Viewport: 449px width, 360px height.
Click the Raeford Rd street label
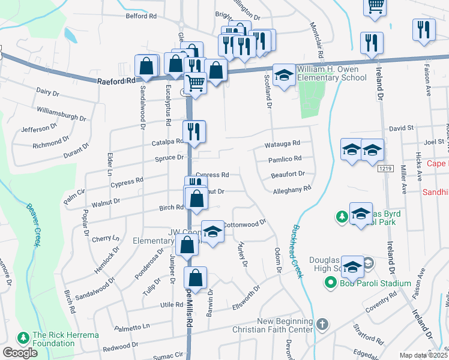point(118,80)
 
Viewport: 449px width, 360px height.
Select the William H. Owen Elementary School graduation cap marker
point(283,76)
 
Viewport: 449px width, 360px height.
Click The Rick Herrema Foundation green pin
point(23,338)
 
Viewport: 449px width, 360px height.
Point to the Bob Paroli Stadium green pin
point(330,283)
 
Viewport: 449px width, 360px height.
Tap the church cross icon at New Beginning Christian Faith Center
point(322,325)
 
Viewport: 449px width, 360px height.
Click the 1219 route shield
point(385,170)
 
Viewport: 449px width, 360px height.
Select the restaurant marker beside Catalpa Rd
point(194,131)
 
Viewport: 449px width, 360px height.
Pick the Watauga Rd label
point(282,145)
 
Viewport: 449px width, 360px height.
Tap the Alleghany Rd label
point(292,188)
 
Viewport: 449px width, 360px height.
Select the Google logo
point(20,353)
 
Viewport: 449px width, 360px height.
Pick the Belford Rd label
point(141,16)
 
